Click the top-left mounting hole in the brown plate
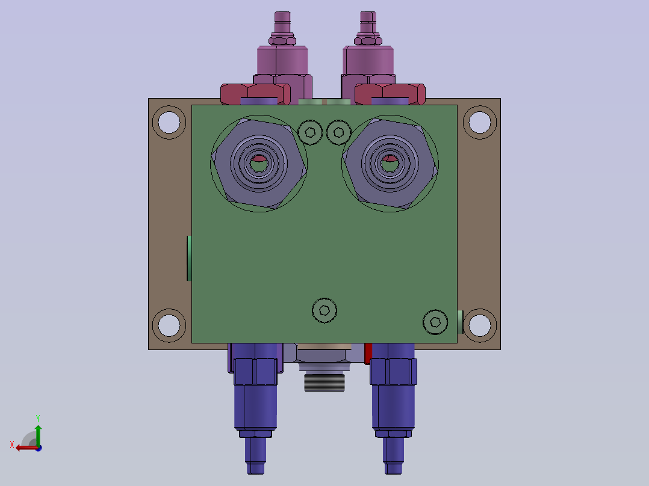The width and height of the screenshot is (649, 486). click(x=169, y=123)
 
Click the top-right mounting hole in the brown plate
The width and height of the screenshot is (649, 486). click(x=480, y=123)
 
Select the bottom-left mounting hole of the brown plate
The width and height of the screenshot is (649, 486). click(x=169, y=325)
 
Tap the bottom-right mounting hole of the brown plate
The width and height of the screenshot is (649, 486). click(x=480, y=325)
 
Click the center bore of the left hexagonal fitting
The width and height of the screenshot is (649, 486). click(x=259, y=164)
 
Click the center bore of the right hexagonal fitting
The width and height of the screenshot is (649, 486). click(x=390, y=164)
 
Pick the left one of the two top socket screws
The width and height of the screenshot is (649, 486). click(x=311, y=132)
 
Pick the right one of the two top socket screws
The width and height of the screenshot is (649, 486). click(x=338, y=132)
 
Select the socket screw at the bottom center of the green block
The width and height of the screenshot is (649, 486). click(x=324, y=310)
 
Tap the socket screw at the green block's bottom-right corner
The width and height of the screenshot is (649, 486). click(x=435, y=322)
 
